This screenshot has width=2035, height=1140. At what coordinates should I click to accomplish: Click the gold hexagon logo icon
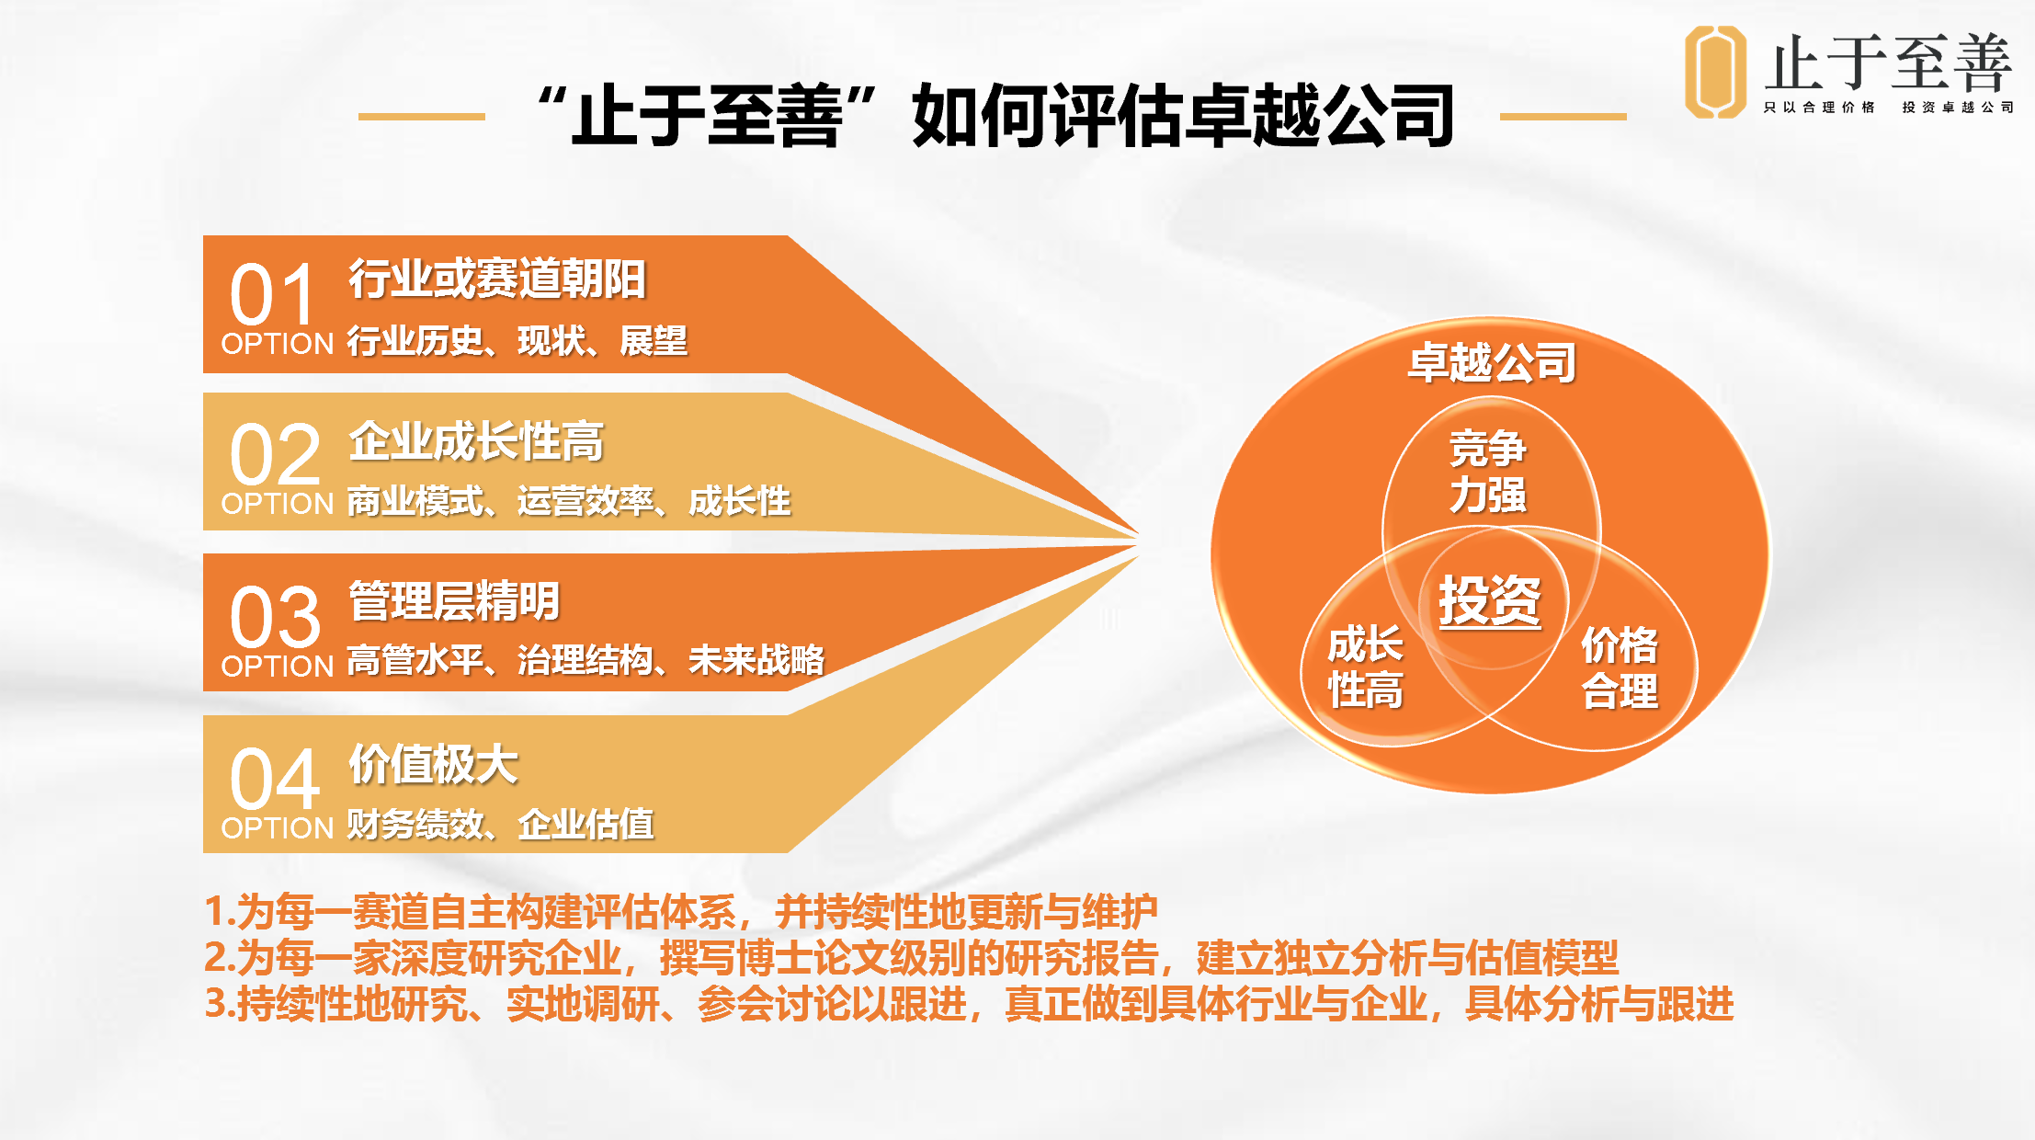[x=1715, y=72]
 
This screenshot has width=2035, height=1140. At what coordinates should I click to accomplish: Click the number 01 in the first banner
[x=273, y=295]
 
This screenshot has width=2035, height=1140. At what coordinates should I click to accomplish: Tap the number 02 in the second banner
[x=275, y=455]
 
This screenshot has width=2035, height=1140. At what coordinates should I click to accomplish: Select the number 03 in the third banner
[x=275, y=617]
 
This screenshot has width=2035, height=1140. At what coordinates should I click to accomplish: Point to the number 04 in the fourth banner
[x=275, y=779]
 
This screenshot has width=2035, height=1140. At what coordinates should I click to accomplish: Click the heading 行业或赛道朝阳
[x=497, y=279]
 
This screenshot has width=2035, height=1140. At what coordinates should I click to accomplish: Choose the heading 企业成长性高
[x=476, y=441]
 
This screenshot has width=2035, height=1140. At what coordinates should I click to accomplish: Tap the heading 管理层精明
[x=454, y=601]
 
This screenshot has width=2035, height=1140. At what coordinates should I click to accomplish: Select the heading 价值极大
[x=434, y=764]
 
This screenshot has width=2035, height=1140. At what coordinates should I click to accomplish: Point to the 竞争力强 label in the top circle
[x=1488, y=472]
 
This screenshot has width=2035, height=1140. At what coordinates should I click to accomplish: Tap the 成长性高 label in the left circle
[x=1366, y=667]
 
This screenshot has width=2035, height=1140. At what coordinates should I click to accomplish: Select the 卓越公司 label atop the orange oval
[x=1493, y=362]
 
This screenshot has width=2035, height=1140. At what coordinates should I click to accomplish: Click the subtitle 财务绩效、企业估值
[x=501, y=824]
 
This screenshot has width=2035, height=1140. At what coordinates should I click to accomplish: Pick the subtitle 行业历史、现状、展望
[x=517, y=341]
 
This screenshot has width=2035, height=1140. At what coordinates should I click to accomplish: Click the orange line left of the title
[x=421, y=117]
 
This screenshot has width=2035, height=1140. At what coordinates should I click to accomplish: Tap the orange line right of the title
[x=1563, y=117]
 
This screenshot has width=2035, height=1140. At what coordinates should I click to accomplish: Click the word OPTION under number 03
[x=278, y=666]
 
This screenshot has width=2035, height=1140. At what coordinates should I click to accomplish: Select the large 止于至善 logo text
[x=1889, y=62]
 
